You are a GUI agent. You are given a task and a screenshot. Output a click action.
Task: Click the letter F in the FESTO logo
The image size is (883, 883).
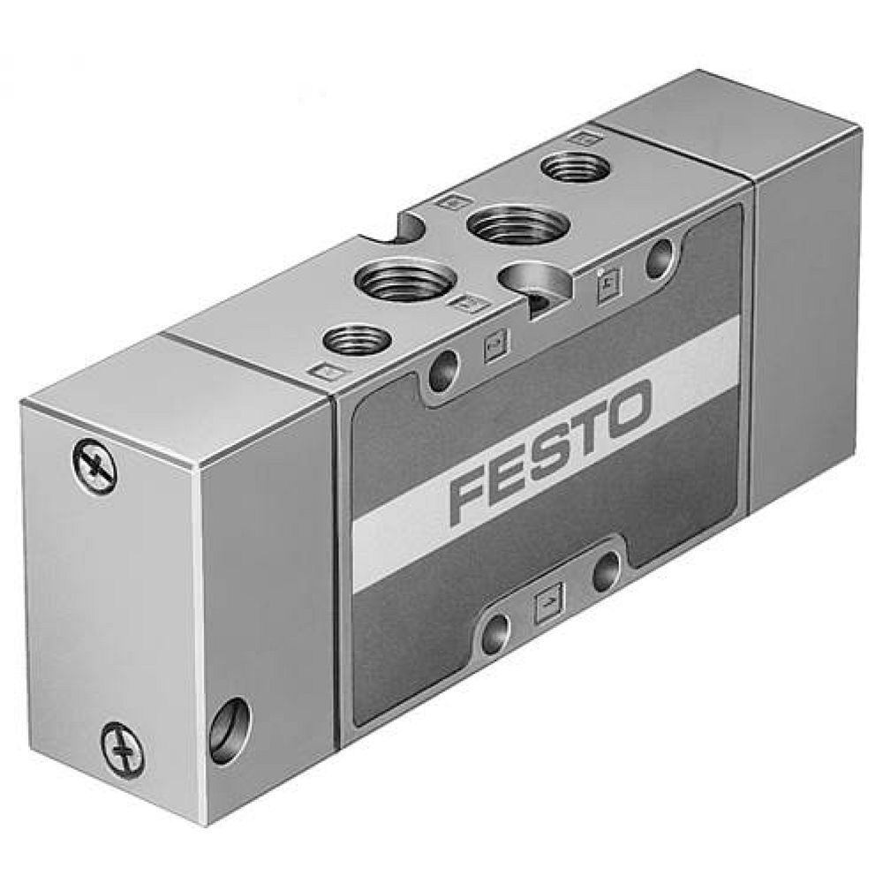(x=472, y=496)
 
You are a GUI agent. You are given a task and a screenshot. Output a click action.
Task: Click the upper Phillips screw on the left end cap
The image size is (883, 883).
(x=94, y=466)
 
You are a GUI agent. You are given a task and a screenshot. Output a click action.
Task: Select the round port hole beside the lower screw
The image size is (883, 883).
(x=231, y=726)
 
